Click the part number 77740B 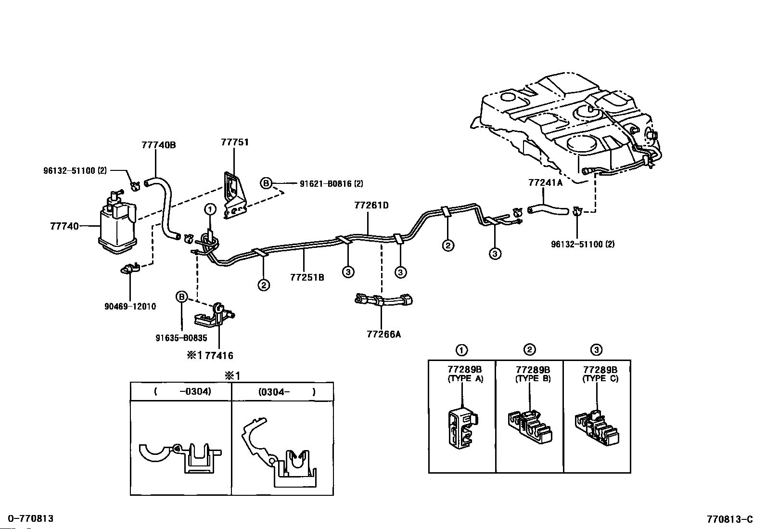[x=159, y=145]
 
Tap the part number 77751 [x=235, y=142]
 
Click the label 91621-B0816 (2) [x=332, y=184]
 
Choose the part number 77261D [x=371, y=206]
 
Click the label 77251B [x=307, y=277]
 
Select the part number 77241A [x=546, y=183]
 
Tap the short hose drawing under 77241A [x=548, y=210]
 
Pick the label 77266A [x=383, y=335]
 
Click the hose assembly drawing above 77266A [x=383, y=300]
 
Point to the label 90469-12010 [x=130, y=307]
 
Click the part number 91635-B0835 [x=181, y=338]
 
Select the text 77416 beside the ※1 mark [x=219, y=356]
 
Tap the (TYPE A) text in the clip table [x=465, y=379]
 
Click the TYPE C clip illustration [x=597, y=428]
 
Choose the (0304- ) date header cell [x=282, y=391]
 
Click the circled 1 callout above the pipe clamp [x=210, y=209]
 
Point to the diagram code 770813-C [x=730, y=519]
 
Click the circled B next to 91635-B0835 [x=181, y=297]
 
